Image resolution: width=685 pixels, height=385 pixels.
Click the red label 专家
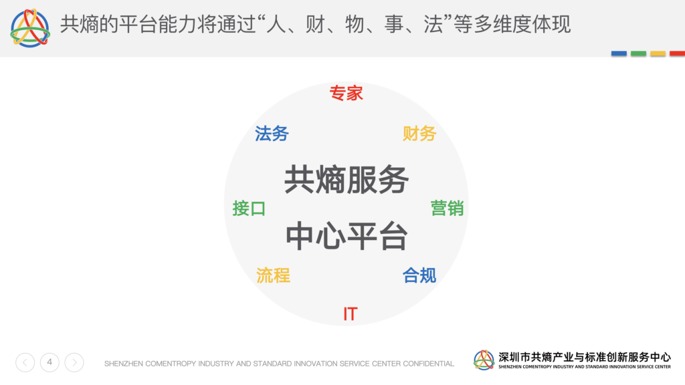(x=346, y=93)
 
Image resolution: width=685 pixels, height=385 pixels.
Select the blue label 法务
(x=272, y=134)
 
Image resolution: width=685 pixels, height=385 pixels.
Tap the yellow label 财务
(x=419, y=134)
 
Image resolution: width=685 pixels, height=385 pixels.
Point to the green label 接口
(x=249, y=209)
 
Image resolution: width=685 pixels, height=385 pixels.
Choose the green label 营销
(x=447, y=209)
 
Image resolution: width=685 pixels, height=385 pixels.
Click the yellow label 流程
(x=273, y=275)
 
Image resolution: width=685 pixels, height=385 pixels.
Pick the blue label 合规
(x=419, y=275)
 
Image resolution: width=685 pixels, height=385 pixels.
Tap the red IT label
(x=351, y=314)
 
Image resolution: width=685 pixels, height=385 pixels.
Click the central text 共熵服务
(x=347, y=179)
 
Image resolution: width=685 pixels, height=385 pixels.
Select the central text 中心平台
(x=347, y=236)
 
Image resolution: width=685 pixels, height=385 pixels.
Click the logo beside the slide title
(x=30, y=28)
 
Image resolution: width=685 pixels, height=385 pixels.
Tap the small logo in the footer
(x=484, y=360)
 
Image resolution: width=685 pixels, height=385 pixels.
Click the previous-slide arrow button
(x=25, y=362)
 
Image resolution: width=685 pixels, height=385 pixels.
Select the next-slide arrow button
(x=74, y=362)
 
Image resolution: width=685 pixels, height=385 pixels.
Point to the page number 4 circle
(x=50, y=362)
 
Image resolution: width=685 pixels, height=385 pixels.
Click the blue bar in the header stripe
(x=619, y=53)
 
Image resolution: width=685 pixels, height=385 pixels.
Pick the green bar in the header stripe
(x=638, y=53)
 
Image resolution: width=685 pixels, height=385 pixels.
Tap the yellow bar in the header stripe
(x=658, y=53)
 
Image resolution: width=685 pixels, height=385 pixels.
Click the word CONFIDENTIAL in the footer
(x=428, y=364)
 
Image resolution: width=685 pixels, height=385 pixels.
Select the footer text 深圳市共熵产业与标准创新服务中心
(x=585, y=357)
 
